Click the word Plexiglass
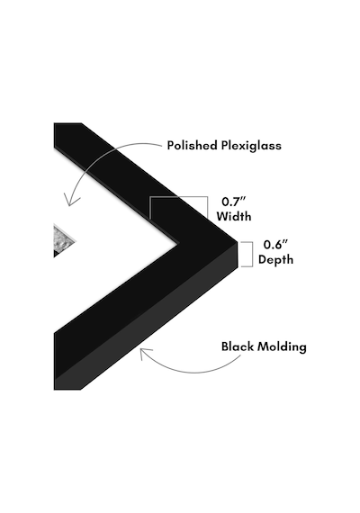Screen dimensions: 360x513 click(251, 146)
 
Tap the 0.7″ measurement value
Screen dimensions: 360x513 click(234, 202)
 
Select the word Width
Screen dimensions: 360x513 click(234, 216)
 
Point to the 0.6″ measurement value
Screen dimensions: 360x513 click(275, 245)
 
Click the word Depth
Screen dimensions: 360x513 click(275, 260)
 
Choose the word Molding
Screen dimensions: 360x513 click(282, 347)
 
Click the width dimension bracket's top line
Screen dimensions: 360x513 click(179, 196)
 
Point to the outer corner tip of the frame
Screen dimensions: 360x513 click(237, 242)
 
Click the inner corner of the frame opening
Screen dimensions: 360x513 click(177, 243)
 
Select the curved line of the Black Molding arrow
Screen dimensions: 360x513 click(193, 372)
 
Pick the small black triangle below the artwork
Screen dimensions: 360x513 click(58, 253)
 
